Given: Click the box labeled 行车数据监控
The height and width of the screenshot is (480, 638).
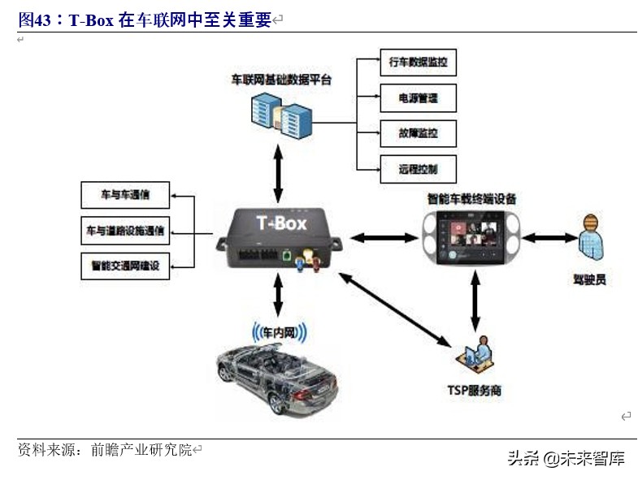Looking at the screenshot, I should tap(418, 61).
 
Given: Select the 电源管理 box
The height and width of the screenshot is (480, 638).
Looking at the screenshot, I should tap(418, 97).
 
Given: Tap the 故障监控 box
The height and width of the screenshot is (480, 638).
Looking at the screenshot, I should tap(418, 133).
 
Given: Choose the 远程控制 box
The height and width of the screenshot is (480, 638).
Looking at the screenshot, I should tap(418, 169).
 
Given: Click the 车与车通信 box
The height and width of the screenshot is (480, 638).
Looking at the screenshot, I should tap(124, 195).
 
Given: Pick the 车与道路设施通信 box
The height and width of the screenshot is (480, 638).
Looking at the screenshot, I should tap(124, 231).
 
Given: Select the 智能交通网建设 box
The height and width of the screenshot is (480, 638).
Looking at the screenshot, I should tap(124, 266).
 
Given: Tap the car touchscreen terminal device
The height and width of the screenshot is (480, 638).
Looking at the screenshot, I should tap(472, 238).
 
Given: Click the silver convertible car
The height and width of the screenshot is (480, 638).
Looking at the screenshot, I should tap(277, 374).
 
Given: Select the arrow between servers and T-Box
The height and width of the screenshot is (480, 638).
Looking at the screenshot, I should tap(279, 172).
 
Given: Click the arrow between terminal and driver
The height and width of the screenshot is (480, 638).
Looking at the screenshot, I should tap(549, 238).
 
